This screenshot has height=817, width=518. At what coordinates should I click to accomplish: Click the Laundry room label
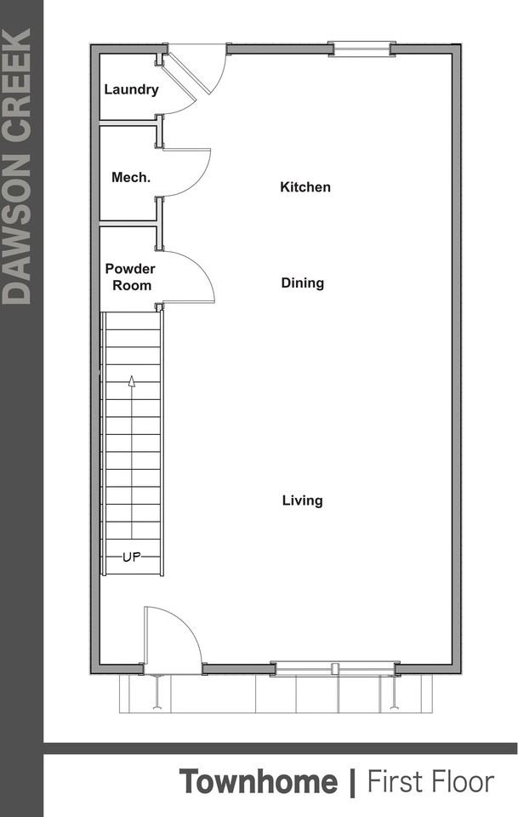point(131,89)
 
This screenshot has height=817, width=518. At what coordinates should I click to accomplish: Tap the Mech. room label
point(131,178)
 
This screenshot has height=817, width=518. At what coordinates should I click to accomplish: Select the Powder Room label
point(131,277)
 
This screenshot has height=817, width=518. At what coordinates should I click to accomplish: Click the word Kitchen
point(305,187)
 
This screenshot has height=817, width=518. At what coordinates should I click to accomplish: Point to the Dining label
point(303,283)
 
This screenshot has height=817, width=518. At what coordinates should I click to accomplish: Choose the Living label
point(303,500)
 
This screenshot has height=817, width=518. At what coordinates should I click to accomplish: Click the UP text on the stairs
point(131,557)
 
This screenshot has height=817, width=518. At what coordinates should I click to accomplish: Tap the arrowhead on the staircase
point(131,381)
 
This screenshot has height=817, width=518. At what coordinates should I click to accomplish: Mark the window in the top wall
point(362,49)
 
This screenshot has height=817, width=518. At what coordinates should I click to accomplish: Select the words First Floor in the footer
point(430,781)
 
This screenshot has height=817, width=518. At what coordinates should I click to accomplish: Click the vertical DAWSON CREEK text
point(18,166)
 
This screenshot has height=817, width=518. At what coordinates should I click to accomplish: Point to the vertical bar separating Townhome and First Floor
point(353,781)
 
